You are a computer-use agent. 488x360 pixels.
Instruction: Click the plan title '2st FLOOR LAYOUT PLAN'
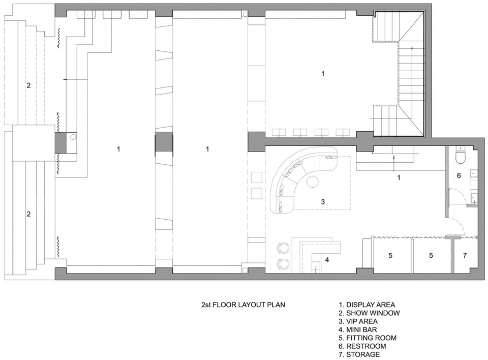tap(243, 305)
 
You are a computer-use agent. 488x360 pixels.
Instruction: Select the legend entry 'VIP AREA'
tap(358, 321)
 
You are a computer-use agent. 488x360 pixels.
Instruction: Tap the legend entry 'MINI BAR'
tap(358, 329)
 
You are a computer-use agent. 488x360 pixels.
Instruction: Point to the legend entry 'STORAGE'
tap(359, 354)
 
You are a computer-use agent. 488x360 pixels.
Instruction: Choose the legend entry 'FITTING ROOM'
tap(368, 338)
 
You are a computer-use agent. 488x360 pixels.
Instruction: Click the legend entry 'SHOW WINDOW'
tap(369, 313)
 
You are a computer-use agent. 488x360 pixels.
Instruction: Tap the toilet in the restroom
tap(461, 155)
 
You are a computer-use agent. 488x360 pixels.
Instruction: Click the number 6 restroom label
tap(459, 175)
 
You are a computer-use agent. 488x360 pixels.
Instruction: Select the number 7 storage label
tap(465, 255)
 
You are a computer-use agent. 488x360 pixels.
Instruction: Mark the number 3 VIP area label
tap(323, 202)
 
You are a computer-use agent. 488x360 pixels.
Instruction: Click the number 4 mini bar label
tap(327, 260)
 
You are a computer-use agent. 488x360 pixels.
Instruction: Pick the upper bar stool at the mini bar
tap(283, 248)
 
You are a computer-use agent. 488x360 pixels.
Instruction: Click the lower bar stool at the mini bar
tap(283, 264)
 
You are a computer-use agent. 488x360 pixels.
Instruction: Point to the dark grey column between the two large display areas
tap(164, 144)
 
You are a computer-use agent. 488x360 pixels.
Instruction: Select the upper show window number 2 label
tap(28, 85)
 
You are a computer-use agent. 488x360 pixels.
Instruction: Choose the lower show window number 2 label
tap(28, 214)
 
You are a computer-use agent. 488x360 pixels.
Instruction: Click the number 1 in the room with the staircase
tap(323, 74)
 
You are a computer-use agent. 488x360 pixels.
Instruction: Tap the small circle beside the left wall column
tap(73, 136)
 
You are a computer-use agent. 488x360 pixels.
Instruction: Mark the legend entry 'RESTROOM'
tap(362, 346)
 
